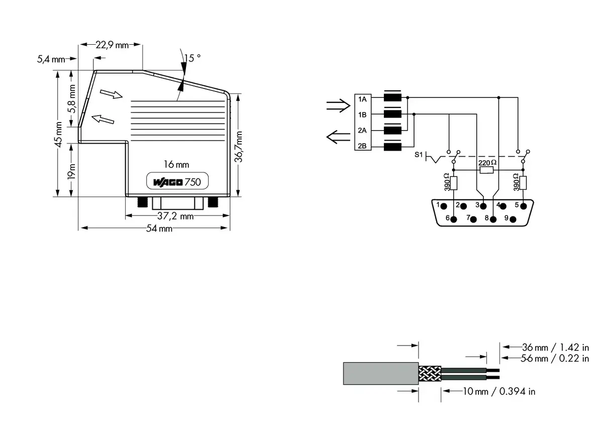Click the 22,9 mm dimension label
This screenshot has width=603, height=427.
tap(112, 45)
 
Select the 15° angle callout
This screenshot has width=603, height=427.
tap(192, 58)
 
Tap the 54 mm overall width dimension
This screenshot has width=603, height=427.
tap(159, 229)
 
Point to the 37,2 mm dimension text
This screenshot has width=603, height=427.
tap(175, 216)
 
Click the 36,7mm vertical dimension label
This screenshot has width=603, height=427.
tap(238, 147)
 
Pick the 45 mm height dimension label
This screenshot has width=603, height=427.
tap(58, 134)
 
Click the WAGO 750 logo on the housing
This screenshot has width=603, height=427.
tap(177, 182)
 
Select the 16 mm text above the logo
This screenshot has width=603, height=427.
tap(176, 164)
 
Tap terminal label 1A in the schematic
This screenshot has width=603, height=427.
tap(362, 99)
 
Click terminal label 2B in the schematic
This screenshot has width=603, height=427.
tap(362, 146)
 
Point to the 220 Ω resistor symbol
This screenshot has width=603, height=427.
tap(487, 170)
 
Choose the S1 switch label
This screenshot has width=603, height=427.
tap(419, 155)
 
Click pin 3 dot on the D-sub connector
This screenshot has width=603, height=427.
tap(483, 206)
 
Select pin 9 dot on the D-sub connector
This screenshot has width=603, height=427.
tap(513, 220)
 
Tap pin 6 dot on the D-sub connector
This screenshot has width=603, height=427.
tap(454, 220)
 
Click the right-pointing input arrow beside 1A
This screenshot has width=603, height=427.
tap(338, 105)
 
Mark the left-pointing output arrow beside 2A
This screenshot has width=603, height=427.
tap(338, 137)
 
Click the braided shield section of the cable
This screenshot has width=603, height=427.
tap(430, 374)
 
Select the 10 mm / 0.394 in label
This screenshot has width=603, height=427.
tap(499, 391)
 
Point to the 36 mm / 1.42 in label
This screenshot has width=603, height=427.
tap(555, 347)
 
